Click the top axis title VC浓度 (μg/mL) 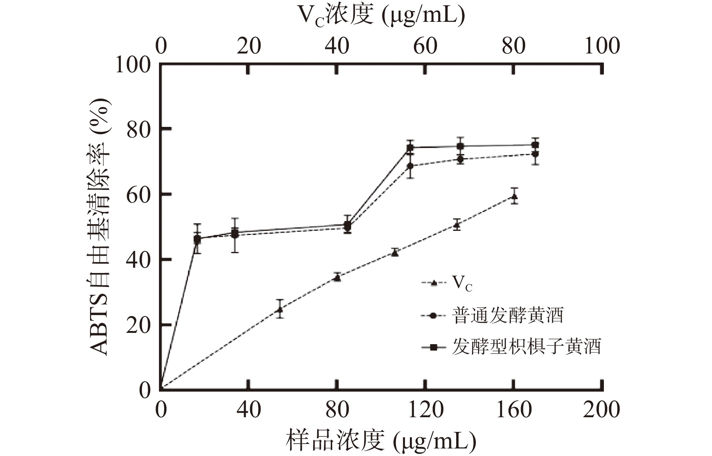coord(381,16)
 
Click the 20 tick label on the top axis coord(249,46)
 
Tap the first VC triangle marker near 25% coord(280,310)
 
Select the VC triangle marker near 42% coord(395,253)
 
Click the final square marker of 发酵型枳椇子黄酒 coord(535,145)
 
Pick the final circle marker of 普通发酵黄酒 coord(535,154)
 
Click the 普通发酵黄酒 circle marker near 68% coord(410,166)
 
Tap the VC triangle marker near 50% coord(457,225)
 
